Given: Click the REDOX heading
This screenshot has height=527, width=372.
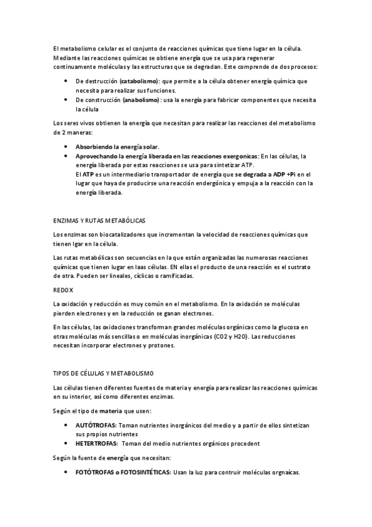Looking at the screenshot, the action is click(63, 289).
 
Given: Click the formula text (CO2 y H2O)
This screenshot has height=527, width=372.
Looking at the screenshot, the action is click(230, 336).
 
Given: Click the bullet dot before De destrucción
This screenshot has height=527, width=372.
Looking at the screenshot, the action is click(66, 81).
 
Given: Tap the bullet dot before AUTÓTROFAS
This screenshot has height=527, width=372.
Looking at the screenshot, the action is click(66, 424).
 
